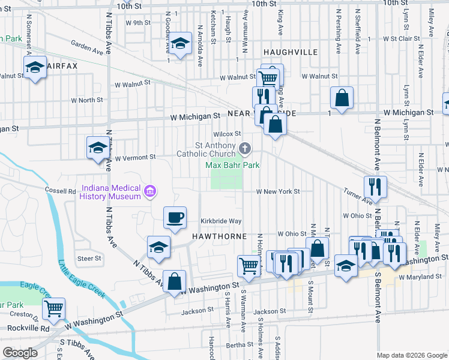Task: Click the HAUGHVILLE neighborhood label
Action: click(290, 53)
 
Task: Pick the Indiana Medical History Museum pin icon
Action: click(150, 191)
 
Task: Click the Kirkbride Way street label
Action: click(221, 221)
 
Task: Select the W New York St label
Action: click(277, 191)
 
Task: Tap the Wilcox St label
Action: click(228, 134)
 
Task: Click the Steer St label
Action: click(89, 259)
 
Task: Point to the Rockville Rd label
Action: click(28, 328)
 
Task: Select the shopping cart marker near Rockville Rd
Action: click(54, 308)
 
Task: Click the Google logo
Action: click(21, 353)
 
